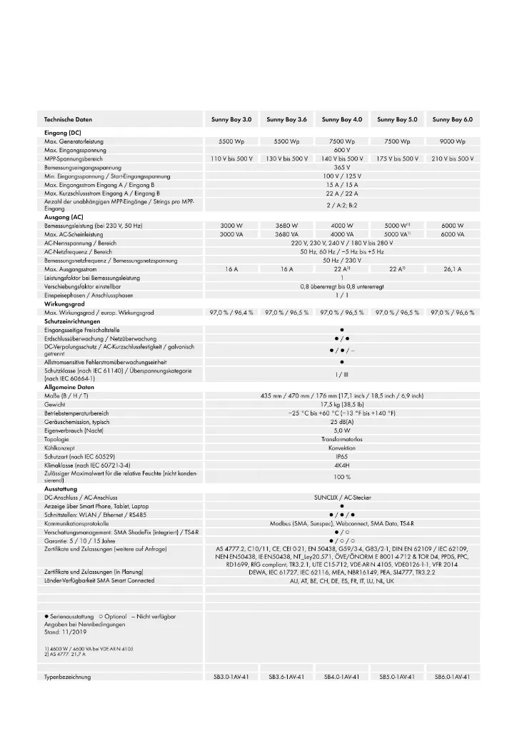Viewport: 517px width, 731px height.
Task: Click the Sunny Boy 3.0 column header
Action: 231,119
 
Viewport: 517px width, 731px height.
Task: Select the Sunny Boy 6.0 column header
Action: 453,119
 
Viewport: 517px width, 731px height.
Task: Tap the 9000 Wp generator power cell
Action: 453,141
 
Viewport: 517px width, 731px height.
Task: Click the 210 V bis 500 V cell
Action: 453,158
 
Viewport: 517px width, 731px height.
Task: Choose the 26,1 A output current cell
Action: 453,269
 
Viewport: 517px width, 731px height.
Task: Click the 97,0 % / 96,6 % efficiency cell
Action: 453,313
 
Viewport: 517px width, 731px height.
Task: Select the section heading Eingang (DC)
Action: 64,133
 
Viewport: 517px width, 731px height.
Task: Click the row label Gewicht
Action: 56,404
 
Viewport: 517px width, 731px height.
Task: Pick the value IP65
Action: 342,456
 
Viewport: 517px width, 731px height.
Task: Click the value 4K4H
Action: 342,465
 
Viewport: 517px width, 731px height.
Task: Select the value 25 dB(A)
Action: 342,422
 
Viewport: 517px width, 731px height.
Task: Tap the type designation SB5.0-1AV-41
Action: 397,677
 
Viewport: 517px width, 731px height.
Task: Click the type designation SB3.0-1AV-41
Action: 231,677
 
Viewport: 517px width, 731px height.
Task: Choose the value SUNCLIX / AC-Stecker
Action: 342,497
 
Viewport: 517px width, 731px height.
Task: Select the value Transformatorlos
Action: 342,439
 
